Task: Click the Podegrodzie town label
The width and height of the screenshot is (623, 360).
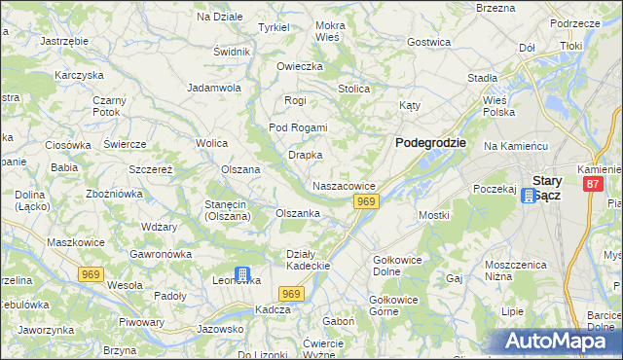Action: coord(430,142)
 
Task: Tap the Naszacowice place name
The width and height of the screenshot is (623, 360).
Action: coord(344,185)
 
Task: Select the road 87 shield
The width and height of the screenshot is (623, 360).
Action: coord(592,183)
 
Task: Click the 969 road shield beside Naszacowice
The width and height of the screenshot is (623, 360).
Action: coord(365,201)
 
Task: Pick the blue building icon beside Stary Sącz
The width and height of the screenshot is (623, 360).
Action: coord(528,196)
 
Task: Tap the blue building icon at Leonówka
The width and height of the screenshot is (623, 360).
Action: coord(242,275)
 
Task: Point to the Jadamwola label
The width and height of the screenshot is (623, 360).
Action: coord(214,87)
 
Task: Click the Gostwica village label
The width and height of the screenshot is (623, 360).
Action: coord(428,42)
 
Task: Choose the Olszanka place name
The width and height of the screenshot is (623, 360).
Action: coord(298,213)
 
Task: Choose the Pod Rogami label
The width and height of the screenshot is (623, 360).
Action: coord(298,127)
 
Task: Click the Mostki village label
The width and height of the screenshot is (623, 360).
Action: coord(432,214)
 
